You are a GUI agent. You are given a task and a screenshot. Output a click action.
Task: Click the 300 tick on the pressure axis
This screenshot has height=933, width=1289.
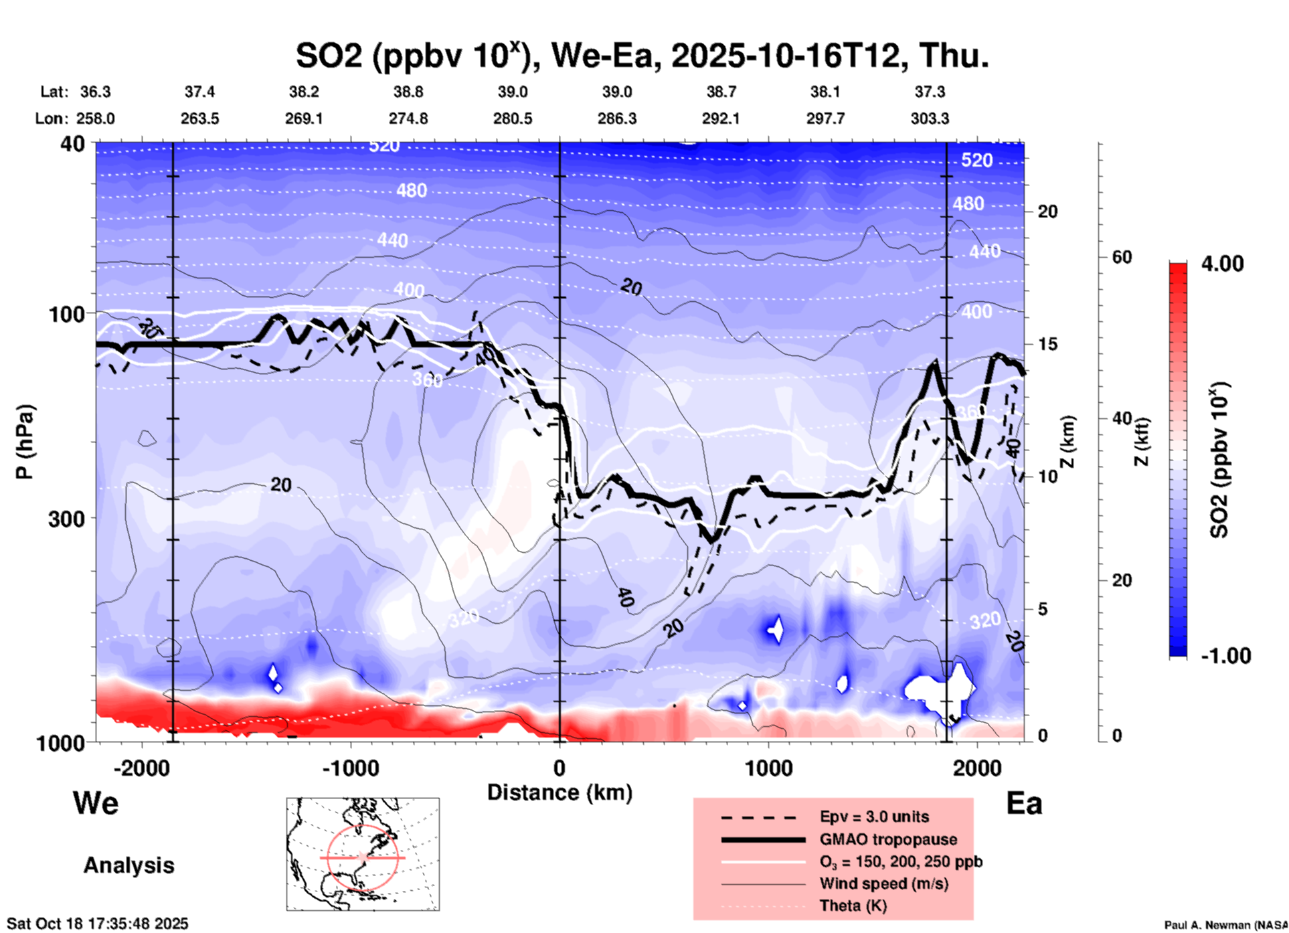67,518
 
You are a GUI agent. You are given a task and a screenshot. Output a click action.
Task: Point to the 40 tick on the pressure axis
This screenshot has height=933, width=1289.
74,143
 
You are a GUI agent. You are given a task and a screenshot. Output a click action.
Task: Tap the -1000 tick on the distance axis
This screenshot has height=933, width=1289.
351,768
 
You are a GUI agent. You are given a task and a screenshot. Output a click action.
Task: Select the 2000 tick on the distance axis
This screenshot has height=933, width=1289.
977,768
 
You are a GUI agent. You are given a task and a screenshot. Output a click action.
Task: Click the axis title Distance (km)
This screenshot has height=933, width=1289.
560,792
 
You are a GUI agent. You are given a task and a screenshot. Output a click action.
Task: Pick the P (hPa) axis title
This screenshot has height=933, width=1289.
25,442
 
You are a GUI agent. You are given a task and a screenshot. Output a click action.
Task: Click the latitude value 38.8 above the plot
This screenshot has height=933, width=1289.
408,92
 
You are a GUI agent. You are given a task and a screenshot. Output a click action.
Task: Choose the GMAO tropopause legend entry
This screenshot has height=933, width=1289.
888,839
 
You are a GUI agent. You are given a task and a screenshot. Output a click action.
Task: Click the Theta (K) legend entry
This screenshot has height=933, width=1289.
853,906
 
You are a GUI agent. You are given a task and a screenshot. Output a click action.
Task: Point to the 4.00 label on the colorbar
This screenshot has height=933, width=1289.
1222,263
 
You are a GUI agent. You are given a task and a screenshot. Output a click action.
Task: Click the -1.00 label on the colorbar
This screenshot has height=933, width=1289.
1225,655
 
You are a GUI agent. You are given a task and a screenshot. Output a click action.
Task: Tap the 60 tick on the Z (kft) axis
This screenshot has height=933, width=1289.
1122,257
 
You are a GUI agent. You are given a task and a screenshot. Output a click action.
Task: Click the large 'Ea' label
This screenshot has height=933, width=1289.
1024,804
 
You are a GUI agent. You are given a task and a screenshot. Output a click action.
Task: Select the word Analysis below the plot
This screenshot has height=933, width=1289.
128,865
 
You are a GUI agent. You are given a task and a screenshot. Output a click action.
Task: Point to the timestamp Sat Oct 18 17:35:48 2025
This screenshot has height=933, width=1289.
98,924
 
